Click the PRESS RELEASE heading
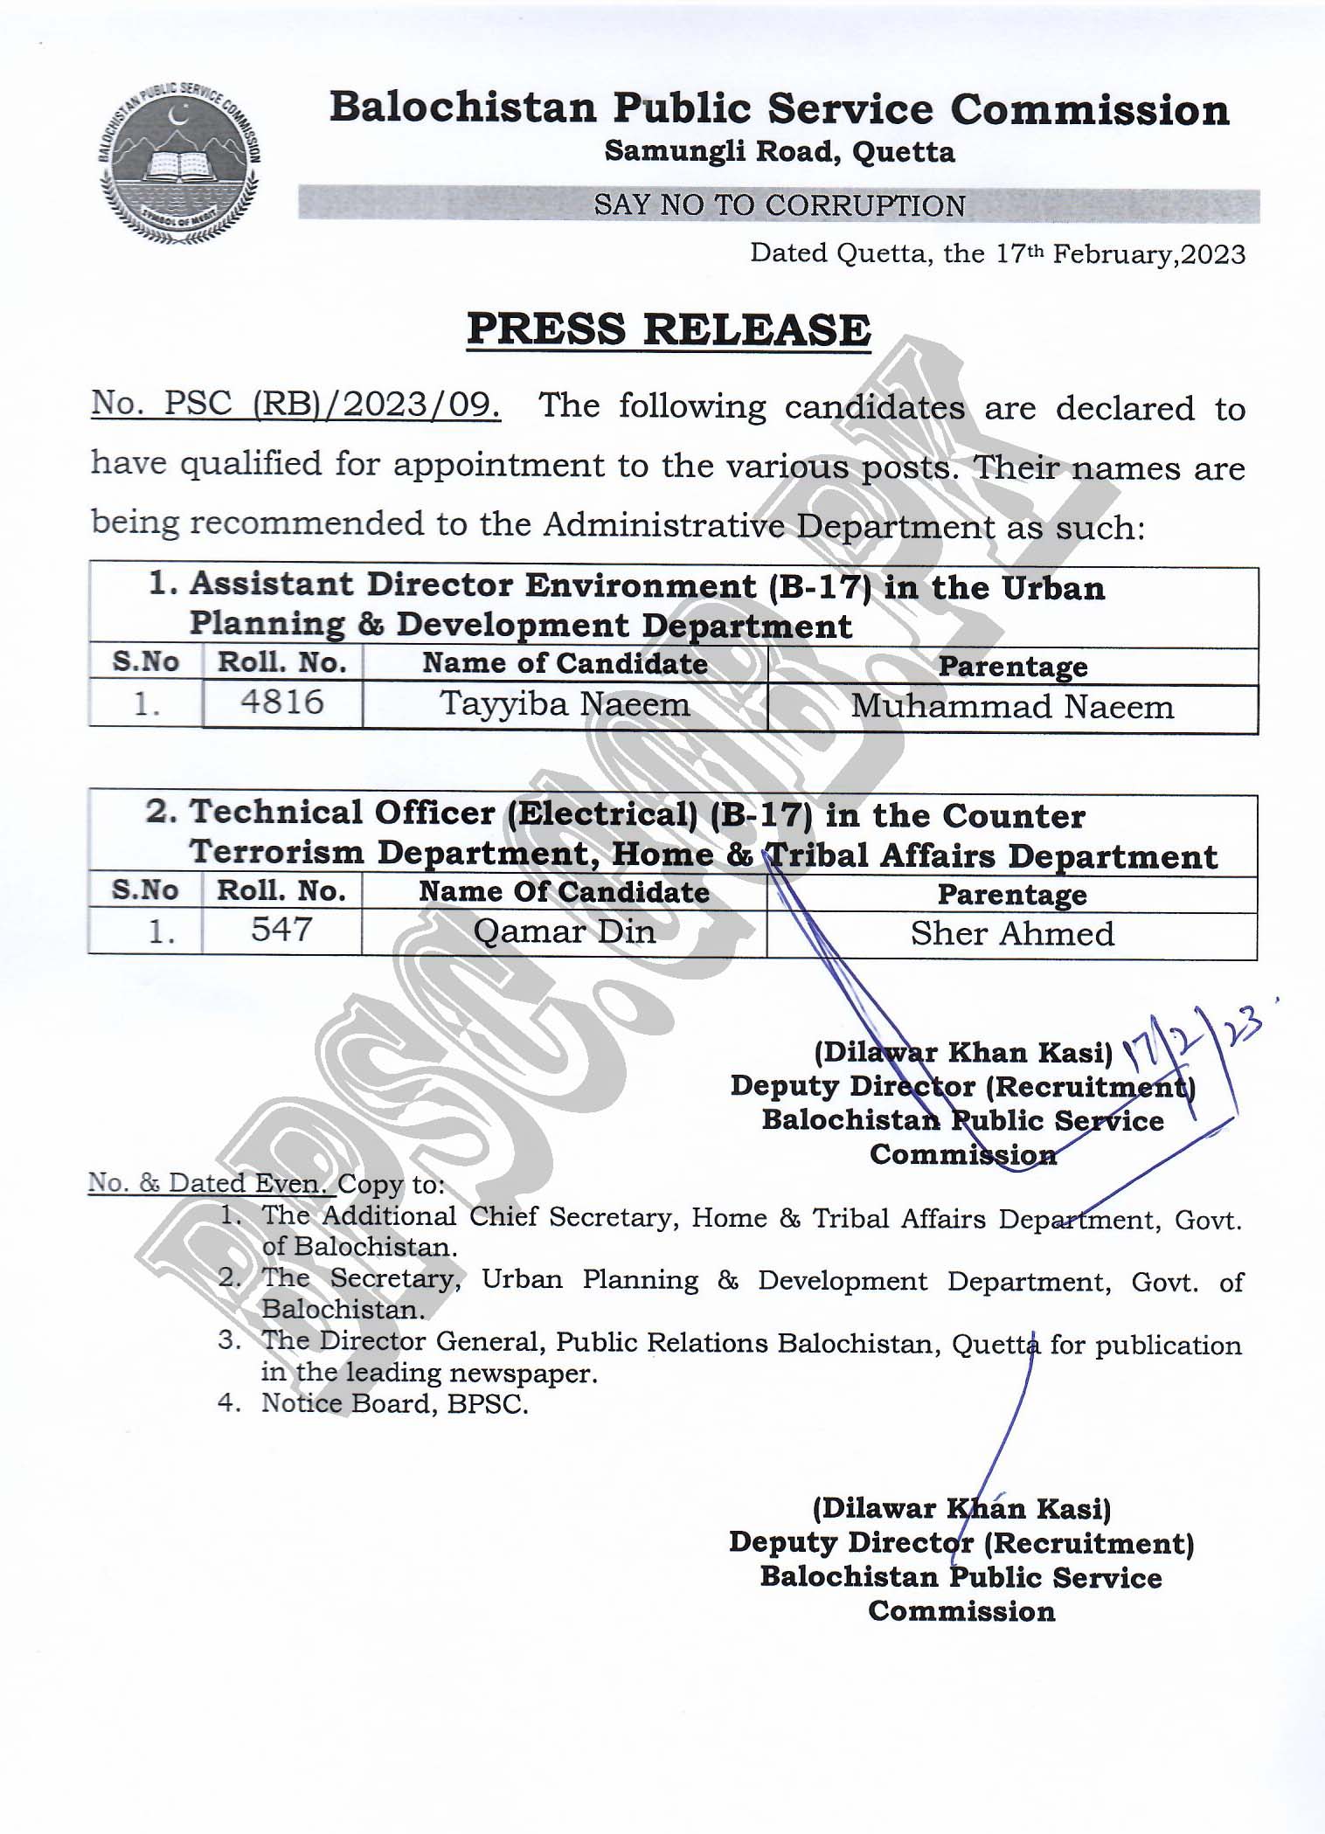tap(669, 330)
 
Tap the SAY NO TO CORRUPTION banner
tap(779, 205)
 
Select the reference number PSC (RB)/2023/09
tap(296, 404)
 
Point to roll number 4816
tap(282, 702)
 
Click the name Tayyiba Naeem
tap(565, 704)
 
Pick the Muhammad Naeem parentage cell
tap(1012, 707)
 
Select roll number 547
tap(281, 930)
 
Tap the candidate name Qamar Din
tap(565, 931)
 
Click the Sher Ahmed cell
tap(1012, 934)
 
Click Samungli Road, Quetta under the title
tap(780, 152)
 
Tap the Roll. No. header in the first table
tap(281, 663)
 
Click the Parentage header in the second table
tap(1012, 895)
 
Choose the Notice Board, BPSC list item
tap(395, 1403)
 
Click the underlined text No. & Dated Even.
tap(210, 1183)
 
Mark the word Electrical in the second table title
tap(603, 814)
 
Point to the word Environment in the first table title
tap(641, 585)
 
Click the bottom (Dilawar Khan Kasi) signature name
tap(961, 1509)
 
